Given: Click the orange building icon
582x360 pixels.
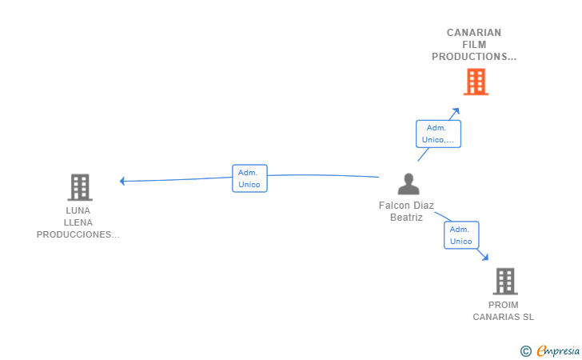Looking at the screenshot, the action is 476,82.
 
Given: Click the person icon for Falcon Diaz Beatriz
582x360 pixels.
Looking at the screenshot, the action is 409,184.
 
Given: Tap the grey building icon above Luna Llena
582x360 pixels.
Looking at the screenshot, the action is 80,187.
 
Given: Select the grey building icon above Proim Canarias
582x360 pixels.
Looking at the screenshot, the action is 505,282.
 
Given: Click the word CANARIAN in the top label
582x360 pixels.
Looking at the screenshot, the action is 474,33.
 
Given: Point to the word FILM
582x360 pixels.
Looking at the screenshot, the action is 474,45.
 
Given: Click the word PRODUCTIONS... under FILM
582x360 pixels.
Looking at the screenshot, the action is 474,57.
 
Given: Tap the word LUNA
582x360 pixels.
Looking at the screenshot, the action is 78,210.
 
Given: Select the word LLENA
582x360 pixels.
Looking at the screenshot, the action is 78,222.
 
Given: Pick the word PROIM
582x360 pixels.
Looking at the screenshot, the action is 504,305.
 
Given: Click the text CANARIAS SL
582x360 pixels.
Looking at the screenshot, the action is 504,317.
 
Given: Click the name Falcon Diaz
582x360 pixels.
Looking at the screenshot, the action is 406,206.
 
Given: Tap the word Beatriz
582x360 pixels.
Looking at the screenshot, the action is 406,218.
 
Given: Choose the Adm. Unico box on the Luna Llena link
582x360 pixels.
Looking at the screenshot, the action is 249,178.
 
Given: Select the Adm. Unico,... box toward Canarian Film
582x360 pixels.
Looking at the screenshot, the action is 438,134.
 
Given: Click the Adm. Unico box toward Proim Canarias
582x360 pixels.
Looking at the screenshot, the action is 461,235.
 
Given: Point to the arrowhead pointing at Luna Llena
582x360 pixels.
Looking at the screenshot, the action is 122,181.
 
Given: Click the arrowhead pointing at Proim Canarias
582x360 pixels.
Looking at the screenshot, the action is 485,257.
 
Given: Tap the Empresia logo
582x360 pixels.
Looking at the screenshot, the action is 550,350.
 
